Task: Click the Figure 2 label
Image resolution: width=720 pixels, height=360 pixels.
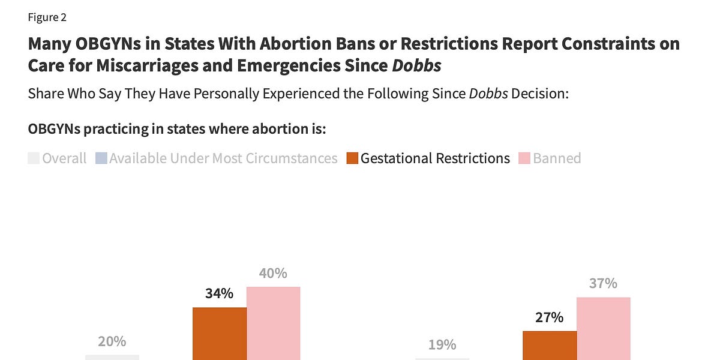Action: pyautogui.click(x=47, y=17)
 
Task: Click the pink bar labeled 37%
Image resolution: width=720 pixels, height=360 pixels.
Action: pyautogui.click(x=603, y=328)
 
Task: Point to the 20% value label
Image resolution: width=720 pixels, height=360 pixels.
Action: pyautogui.click(x=112, y=341)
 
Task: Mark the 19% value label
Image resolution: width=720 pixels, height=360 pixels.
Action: pyautogui.click(x=442, y=345)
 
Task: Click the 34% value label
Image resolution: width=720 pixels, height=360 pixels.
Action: pyautogui.click(x=219, y=294)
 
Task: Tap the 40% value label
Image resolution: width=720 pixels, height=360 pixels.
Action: pyautogui.click(x=273, y=274)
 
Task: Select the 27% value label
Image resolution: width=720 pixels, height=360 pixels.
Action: pyautogui.click(x=549, y=317)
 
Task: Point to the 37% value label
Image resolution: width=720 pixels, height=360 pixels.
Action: pyautogui.click(x=603, y=283)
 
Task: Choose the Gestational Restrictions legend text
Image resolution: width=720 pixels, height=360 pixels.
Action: pyautogui.click(x=435, y=158)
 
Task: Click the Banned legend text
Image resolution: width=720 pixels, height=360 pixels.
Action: pyautogui.click(x=557, y=158)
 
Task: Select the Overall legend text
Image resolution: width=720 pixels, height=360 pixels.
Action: pyautogui.click(x=64, y=158)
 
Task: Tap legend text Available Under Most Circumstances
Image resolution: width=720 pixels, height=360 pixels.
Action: pyautogui.click(x=223, y=158)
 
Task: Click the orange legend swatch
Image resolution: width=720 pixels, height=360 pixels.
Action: pyautogui.click(x=352, y=158)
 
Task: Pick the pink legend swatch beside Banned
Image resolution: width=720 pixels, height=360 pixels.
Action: pyautogui.click(x=524, y=158)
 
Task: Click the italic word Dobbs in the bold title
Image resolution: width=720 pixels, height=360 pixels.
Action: pyautogui.click(x=416, y=65)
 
